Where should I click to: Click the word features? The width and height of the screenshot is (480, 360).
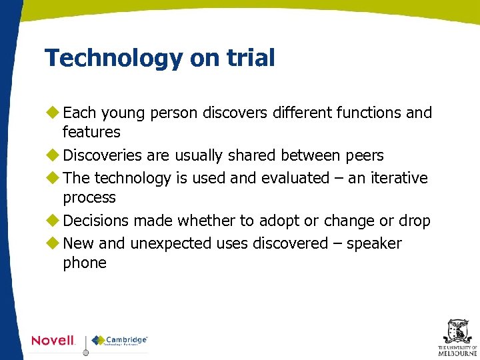[91, 132]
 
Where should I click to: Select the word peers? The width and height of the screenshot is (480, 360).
[365, 156]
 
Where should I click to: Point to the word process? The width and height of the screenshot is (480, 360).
[89, 198]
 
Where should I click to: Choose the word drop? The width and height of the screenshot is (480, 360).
[415, 221]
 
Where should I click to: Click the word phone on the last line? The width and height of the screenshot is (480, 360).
[85, 263]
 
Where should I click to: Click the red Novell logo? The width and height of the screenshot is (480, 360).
[53, 341]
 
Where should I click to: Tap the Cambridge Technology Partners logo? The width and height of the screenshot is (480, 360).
[120, 341]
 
